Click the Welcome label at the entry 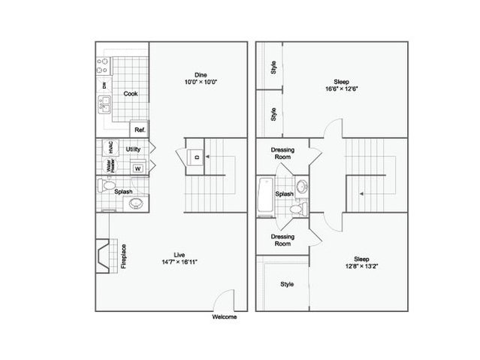225,317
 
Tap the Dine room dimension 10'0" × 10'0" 201,82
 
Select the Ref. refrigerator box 140,129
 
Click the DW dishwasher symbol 104,85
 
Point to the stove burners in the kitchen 103,66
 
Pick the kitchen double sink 104,104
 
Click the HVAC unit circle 110,147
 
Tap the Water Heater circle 110,166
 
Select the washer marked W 138,168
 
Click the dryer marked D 196,157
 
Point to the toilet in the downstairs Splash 106,185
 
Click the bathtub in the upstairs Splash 265,195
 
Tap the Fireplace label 124,256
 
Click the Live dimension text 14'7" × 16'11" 180,262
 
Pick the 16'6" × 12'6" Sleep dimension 342,89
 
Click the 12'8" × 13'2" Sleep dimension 361,266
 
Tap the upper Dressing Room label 282,153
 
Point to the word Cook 131,94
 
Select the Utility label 133,150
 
